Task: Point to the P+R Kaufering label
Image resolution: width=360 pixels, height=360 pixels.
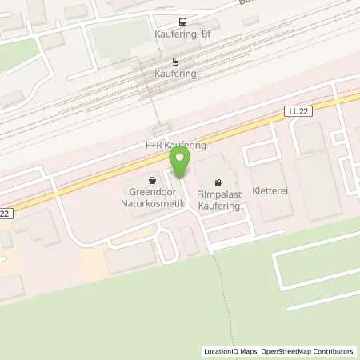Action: [x=175, y=146]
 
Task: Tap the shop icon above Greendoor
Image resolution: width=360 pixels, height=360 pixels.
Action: [x=153, y=180]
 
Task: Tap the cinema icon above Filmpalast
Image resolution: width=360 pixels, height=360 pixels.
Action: [x=219, y=182]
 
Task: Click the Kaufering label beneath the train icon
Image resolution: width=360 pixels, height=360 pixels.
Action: [x=176, y=74]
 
